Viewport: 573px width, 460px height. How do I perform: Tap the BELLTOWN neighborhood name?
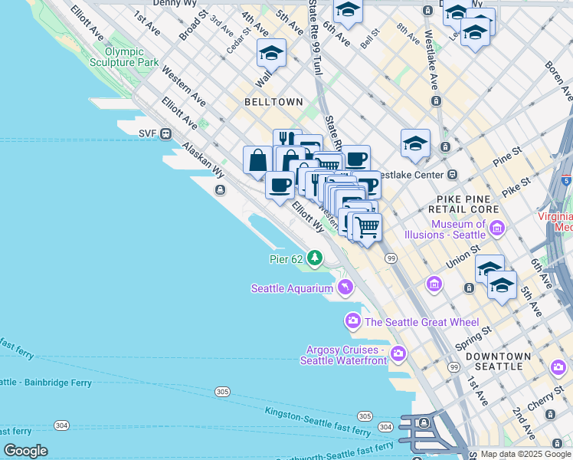[x=273, y=101]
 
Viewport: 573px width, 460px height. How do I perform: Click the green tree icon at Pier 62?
[x=314, y=259]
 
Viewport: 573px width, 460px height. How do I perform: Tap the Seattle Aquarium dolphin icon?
[x=345, y=287]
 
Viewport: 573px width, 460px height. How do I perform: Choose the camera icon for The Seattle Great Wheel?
[x=353, y=320]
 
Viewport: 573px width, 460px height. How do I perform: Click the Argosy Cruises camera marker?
[x=398, y=353]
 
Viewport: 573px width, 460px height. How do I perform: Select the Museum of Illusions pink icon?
[x=497, y=228]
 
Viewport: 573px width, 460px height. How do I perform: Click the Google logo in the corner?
[x=25, y=451]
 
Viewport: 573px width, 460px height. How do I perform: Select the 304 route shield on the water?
[x=61, y=425]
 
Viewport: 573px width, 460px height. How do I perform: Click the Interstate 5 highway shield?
[x=566, y=181]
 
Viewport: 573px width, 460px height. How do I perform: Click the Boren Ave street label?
[x=557, y=84]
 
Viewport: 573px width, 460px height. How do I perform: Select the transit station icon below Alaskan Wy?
[x=220, y=190]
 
